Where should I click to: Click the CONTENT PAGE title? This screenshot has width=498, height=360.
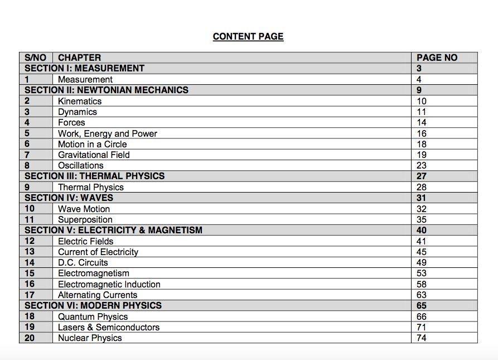pyautogui.click(x=248, y=37)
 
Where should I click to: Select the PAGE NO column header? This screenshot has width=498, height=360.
pyautogui.click(x=437, y=57)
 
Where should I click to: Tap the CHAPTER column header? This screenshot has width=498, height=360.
pyautogui.click(x=80, y=57)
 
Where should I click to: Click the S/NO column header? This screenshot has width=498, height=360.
pyautogui.click(x=36, y=57)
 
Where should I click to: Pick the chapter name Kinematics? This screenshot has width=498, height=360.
pyautogui.click(x=80, y=101)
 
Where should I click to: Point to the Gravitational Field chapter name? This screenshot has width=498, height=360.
pyautogui.click(x=94, y=155)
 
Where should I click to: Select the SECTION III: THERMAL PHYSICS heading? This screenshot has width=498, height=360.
pyautogui.click(x=95, y=176)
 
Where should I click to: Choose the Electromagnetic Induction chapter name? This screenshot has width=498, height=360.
pyautogui.click(x=109, y=284)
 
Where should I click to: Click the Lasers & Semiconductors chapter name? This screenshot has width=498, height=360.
pyautogui.click(x=109, y=327)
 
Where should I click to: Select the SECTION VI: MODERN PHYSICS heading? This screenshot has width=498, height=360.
pyautogui.click(x=93, y=305)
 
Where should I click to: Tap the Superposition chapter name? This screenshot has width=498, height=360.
pyautogui.click(x=85, y=219)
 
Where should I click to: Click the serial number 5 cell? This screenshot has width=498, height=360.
pyautogui.click(x=27, y=133)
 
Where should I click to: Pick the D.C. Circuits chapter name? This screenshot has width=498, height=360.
pyautogui.click(x=83, y=262)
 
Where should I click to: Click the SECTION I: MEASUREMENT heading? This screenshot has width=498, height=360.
pyautogui.click(x=85, y=68)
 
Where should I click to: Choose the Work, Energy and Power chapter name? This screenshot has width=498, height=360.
pyautogui.click(x=108, y=133)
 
